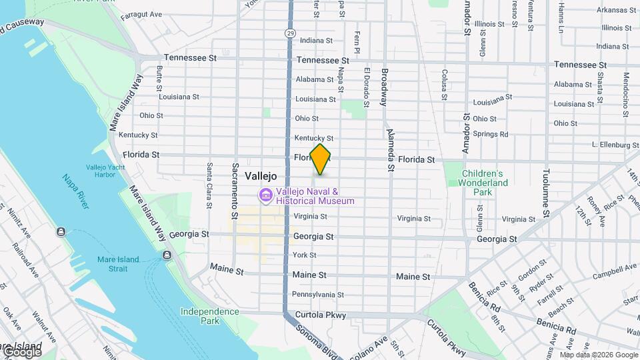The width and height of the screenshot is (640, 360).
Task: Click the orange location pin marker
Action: (x=321, y=159)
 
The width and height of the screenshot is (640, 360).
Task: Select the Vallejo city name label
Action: (x=261, y=176)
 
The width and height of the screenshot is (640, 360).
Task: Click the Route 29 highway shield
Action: (x=289, y=33)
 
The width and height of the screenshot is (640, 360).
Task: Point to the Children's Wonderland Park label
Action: (x=485, y=183)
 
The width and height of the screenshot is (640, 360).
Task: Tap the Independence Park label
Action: (x=209, y=316)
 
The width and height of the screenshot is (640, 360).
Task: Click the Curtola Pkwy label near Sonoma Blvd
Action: (x=316, y=315)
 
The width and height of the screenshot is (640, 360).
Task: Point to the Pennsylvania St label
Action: (x=318, y=294)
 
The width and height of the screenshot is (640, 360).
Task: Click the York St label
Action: (x=304, y=255)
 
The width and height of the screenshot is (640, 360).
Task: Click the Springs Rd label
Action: (x=494, y=134)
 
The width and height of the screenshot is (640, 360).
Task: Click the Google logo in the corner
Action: (x=21, y=351)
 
